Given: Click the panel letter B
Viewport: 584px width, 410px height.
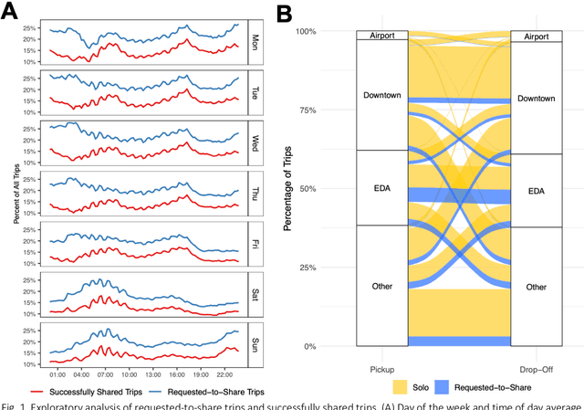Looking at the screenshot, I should coord(285,13).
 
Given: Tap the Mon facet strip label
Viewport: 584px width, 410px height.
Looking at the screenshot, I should coord(255,42).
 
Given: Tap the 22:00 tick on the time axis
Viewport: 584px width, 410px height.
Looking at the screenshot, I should coord(224,373).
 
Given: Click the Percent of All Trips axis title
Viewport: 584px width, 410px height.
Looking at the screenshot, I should coord(16,192).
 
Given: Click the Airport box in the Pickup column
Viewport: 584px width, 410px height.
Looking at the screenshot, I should coord(382,36).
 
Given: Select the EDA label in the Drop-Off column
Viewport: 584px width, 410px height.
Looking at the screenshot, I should coord(537,192).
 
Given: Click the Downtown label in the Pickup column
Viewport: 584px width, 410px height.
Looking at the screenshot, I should coord(382,95).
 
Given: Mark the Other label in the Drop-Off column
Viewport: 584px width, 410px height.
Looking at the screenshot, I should coord(537,287).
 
